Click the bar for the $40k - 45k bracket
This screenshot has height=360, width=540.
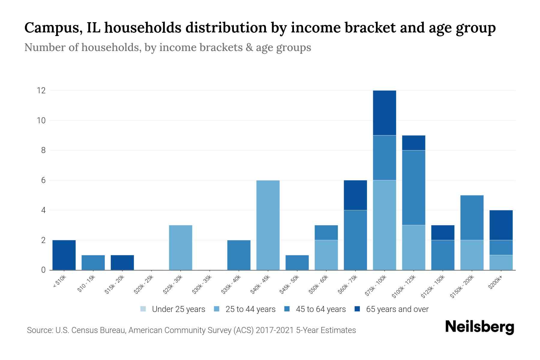click(268, 225)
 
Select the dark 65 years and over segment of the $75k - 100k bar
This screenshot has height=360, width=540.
click(384, 113)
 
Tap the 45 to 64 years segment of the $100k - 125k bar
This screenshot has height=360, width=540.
click(413, 187)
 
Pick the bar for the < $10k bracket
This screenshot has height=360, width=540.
click(64, 255)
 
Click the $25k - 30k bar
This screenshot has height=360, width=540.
click(181, 247)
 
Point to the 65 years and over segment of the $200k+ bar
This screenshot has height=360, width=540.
click(501, 225)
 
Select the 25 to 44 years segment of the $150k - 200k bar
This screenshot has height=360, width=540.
click(472, 255)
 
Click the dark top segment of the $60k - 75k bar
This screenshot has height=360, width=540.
click(355, 195)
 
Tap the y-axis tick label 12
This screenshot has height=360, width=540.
click(41, 90)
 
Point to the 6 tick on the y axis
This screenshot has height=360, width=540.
click(43, 180)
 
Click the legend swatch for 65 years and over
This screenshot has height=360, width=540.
click(357, 309)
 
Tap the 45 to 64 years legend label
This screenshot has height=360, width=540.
click(321, 309)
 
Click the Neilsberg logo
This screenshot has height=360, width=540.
click(479, 327)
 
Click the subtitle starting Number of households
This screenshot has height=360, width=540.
click(167, 47)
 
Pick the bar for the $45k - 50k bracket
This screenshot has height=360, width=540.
click(297, 262)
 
